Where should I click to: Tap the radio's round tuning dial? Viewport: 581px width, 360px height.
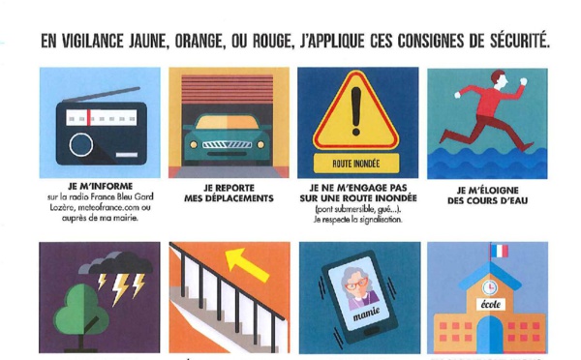pos(81,144)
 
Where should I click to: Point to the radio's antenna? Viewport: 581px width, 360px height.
pos(101,94)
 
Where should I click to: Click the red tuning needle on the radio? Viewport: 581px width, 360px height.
pos(89,118)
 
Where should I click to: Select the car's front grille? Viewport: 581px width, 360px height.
pos(227,144)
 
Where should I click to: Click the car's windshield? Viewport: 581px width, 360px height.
pos(227,122)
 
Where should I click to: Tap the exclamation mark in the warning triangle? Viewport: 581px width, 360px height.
pos(356,111)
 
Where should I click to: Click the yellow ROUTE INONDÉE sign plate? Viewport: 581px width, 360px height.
pos(356,164)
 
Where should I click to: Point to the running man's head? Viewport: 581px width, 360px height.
pos(499,79)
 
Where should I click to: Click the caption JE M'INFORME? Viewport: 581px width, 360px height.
pos(100,186)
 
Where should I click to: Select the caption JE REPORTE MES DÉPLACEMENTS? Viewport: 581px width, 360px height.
pos(229,194)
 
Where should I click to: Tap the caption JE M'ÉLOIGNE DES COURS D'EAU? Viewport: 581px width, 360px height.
pos(487,195)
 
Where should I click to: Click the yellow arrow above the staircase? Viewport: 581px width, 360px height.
pos(246,264)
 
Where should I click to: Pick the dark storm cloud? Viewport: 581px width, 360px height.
pos(118,263)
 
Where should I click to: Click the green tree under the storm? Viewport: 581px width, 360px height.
pos(81,315)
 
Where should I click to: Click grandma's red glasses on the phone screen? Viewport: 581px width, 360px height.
pos(356,285)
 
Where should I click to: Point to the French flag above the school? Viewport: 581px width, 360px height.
pos(500,251)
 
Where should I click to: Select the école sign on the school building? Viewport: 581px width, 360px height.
pos(491,305)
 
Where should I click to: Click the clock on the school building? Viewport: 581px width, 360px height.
pos(490,287)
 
